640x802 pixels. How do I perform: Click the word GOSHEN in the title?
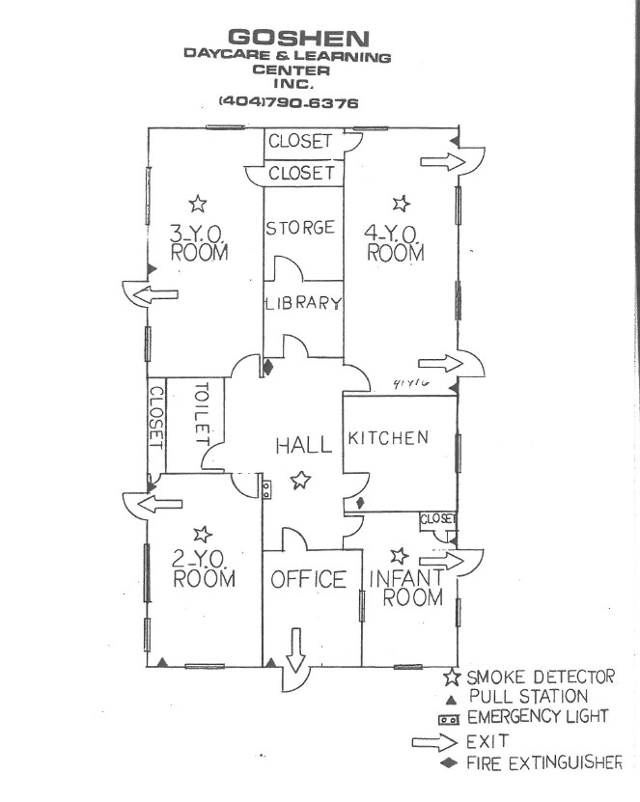coord(287,39)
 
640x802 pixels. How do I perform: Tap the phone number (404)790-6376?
coord(288,100)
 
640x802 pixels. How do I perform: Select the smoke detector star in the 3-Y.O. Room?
coord(198,203)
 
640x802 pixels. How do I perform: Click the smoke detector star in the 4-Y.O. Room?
coord(402,203)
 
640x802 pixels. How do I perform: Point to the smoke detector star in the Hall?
coord(302,478)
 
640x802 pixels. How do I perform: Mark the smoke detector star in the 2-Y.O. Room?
coord(202,533)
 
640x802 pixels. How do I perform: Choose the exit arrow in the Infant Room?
coord(440,561)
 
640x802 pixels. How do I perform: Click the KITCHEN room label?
coord(388,438)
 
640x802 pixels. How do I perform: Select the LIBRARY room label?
coord(304,303)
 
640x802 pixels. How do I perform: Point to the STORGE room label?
coord(300,228)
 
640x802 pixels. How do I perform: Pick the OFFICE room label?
coord(308,579)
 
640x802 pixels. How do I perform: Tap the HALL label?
coord(304,445)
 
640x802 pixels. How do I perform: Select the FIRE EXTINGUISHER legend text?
coord(544,763)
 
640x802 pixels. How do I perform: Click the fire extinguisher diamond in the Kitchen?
coord(360,503)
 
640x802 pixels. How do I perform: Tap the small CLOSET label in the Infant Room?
coord(437,518)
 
